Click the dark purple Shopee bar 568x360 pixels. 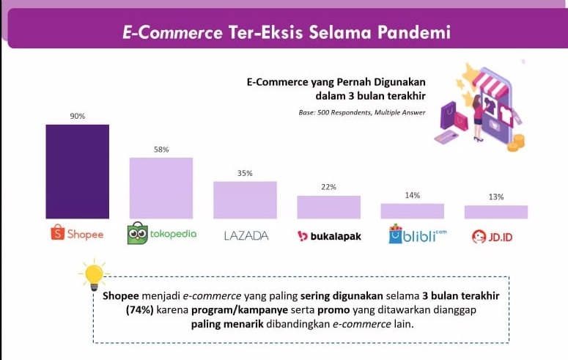(77, 172)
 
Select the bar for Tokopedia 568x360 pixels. (161, 188)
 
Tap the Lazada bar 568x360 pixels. (245, 200)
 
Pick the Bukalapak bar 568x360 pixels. (328, 207)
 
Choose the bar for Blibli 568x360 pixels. (412, 211)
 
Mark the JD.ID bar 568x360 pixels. (496, 212)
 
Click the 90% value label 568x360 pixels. (78, 116)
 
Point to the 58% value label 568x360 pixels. (161, 150)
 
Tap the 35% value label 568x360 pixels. (245, 173)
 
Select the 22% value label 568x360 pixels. (328, 187)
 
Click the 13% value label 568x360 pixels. (496, 196)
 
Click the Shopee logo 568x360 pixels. (77, 232)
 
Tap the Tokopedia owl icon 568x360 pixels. (138, 232)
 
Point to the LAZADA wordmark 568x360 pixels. (246, 236)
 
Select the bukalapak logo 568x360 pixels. (329, 236)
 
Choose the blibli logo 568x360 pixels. (418, 234)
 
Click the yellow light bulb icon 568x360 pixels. (94, 275)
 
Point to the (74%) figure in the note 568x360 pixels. (140, 310)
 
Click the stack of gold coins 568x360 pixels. (516, 143)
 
